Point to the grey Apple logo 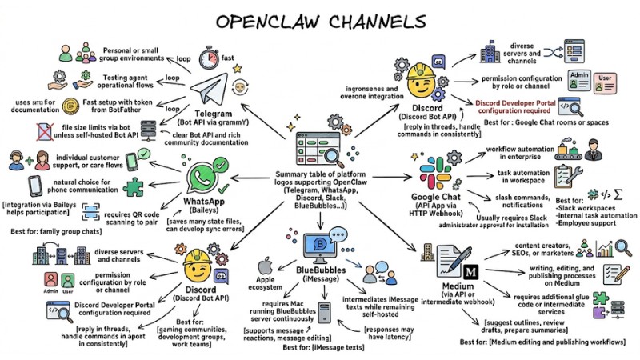[x=270, y=265]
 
